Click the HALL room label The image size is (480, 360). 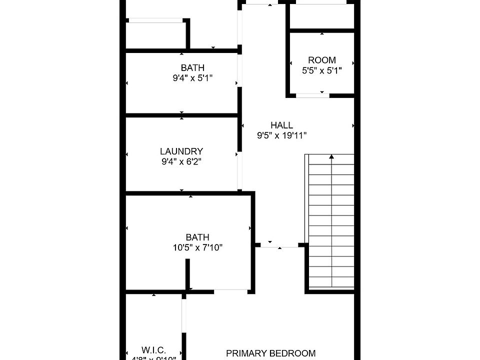click(281, 125)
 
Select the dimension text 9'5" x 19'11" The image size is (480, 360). click(281, 135)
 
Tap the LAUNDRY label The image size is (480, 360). click(181, 151)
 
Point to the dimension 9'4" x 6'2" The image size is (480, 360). click(181, 161)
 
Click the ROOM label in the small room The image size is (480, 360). click(321, 60)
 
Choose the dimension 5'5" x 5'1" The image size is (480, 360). click(321, 70)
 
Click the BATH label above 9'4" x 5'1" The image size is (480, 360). click(192, 67)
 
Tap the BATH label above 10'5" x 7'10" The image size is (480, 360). click(197, 237)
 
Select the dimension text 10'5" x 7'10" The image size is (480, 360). click(197, 247)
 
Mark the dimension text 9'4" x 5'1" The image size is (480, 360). click(192, 78)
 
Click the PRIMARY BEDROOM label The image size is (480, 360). click(271, 353)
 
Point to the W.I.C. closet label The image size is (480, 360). click(153, 350)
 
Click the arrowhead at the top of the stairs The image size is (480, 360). click(331, 157)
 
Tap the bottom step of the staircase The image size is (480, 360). click(331, 283)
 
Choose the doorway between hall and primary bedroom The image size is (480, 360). click(279, 245)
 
